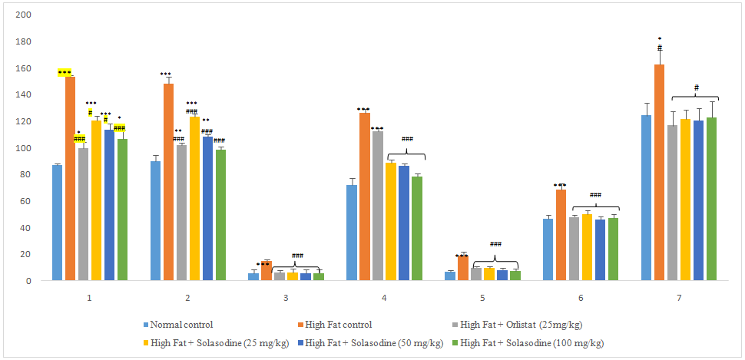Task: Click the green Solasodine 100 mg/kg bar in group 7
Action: [x=712, y=199]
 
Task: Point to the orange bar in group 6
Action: [x=561, y=235]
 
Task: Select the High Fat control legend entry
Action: [x=339, y=325]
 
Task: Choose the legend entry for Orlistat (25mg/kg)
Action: [x=513, y=325]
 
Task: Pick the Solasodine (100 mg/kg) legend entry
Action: [x=531, y=343]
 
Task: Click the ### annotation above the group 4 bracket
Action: [x=407, y=140]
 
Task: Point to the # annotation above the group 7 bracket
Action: [x=696, y=88]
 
